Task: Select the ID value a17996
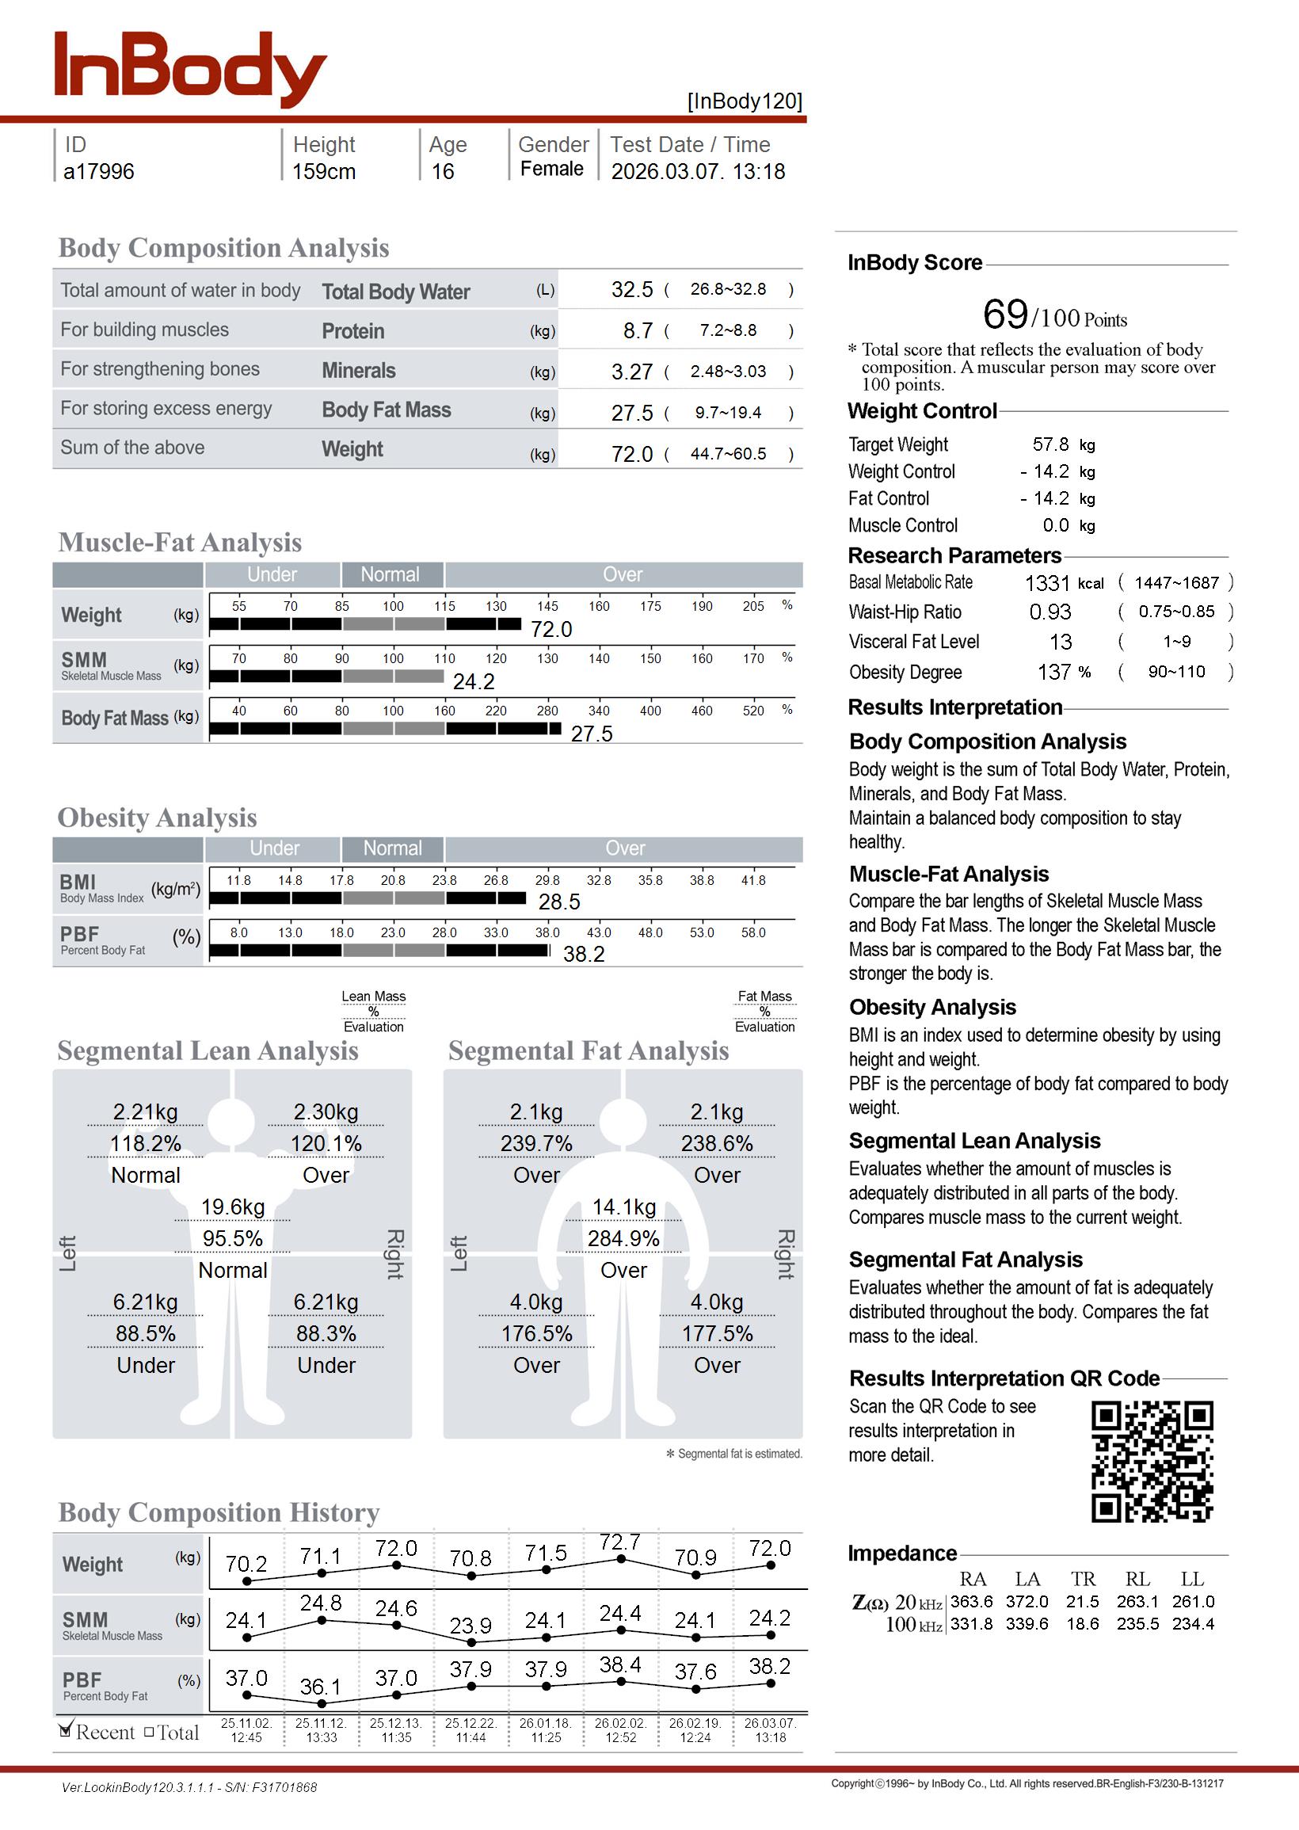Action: point(98,172)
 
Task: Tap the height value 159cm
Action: point(323,172)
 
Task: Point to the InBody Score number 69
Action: point(1004,315)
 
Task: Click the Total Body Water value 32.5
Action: point(632,289)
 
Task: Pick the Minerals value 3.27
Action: point(632,372)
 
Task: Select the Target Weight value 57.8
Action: point(1050,444)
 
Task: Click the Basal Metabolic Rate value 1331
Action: point(1046,583)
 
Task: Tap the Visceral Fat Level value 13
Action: point(1061,642)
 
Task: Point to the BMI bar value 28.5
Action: point(559,902)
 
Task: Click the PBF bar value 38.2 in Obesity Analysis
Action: point(584,954)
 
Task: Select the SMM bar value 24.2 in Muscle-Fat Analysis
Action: point(474,682)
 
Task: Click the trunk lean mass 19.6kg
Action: point(233,1207)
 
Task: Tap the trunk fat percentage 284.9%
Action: point(624,1239)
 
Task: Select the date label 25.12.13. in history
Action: point(396,1724)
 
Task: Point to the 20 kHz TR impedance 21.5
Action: point(1082,1602)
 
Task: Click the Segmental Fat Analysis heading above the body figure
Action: point(588,1051)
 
